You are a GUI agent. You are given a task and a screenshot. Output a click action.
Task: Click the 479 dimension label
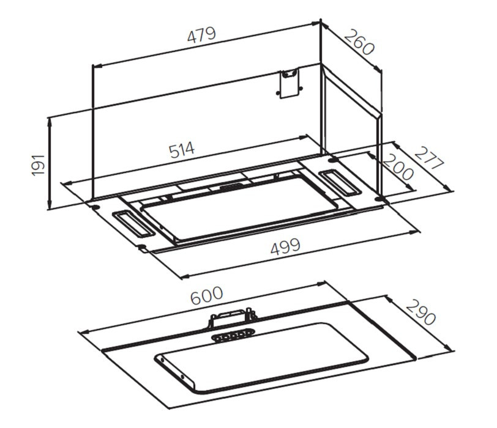pyautogui.click(x=201, y=34)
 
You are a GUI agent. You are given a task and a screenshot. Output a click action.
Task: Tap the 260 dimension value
pyautogui.click(x=359, y=42)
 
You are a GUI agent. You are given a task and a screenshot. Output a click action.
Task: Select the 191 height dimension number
pyautogui.click(x=39, y=164)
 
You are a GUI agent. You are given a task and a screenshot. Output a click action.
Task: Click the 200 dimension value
pyautogui.click(x=398, y=167)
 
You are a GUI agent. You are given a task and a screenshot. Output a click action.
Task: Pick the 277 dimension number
pyautogui.click(x=430, y=158)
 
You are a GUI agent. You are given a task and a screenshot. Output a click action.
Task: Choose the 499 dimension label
pyautogui.click(x=285, y=246)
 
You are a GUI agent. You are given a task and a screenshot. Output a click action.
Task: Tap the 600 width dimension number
pyautogui.click(x=207, y=296)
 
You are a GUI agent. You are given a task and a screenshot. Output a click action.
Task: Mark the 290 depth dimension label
pyautogui.click(x=420, y=313)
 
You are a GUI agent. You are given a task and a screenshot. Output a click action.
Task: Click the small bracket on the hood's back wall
pyautogui.click(x=289, y=84)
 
